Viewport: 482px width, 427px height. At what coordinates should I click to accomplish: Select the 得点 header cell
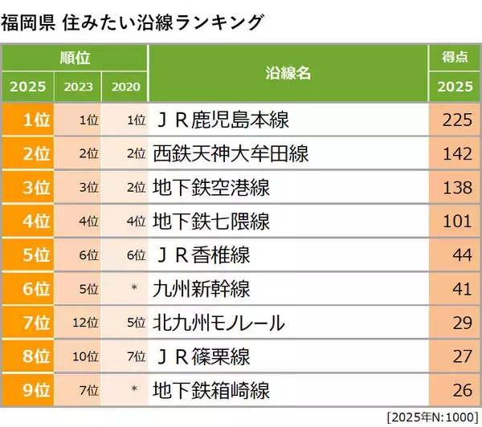(455, 59)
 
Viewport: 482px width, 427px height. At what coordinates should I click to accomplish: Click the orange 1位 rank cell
(28, 121)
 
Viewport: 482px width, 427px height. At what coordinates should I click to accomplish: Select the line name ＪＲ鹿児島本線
(221, 121)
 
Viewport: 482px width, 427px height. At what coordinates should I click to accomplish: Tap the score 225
(455, 121)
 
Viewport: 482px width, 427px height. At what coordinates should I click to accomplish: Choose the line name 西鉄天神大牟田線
(231, 155)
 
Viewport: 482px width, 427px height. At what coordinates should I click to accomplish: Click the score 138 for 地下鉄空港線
(455, 189)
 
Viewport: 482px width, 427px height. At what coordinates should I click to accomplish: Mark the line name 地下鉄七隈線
(211, 222)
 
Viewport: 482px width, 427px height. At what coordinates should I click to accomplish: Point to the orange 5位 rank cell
(28, 256)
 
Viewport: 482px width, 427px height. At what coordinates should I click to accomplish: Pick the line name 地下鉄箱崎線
(211, 391)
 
